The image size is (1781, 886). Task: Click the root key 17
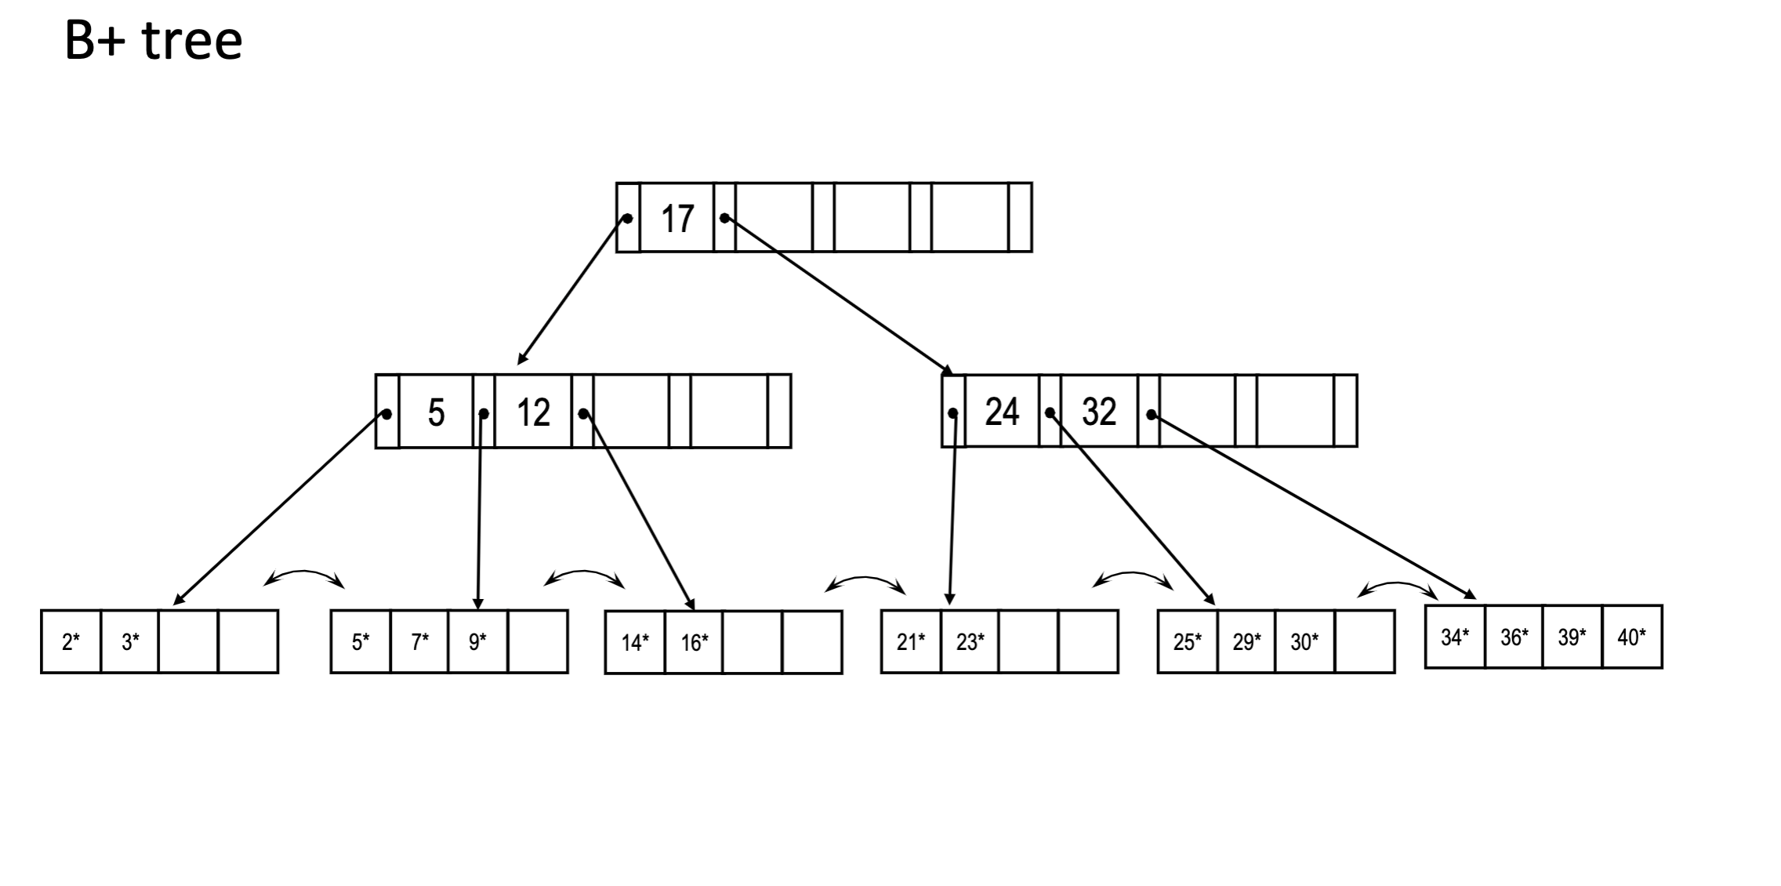coord(677,218)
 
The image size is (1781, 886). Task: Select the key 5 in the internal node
coord(436,412)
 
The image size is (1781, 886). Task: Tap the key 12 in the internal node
coord(533,412)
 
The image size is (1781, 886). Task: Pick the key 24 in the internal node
coord(1002,412)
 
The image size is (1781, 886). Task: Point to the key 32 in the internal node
coord(1098,412)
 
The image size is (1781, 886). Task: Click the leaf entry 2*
coord(71,642)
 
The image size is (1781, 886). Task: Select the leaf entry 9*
coord(477,642)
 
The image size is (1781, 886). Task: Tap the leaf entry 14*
coord(635,643)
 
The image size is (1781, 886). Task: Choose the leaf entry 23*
coord(970,642)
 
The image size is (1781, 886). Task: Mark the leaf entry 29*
coord(1246,642)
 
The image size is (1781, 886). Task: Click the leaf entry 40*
coord(1632,637)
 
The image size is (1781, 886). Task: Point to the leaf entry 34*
coord(1455,637)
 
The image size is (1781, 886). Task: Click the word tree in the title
coord(192,41)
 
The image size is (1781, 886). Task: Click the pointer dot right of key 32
coord(1151,414)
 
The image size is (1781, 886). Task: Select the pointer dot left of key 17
coord(627,218)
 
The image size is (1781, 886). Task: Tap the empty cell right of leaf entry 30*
coord(1365,642)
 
